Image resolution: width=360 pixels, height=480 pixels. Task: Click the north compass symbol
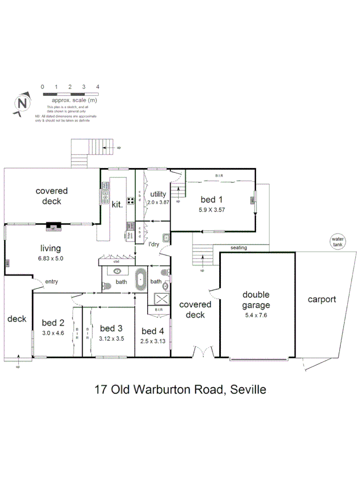pos(22,103)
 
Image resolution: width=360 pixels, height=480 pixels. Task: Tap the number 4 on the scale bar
pos(98,86)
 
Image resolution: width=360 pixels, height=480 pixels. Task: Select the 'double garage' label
pos(256,300)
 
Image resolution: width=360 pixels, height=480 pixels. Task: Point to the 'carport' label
pos(322,299)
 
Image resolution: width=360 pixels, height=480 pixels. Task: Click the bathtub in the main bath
pos(141,279)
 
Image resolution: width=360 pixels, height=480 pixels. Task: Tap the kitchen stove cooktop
pos(130,201)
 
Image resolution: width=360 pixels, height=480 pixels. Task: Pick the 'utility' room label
pos(158,194)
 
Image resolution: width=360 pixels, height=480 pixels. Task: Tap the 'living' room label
pos(51,248)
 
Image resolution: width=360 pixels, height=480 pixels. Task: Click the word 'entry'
pos(52,282)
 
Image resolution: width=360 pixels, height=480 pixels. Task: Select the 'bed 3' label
pos(111,328)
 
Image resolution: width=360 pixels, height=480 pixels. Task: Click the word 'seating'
pos(238,248)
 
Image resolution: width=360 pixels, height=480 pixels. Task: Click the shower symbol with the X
pos(162,299)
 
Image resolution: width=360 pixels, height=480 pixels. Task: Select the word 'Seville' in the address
pos(246,389)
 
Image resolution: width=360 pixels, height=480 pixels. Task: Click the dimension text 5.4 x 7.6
pos(256,315)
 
